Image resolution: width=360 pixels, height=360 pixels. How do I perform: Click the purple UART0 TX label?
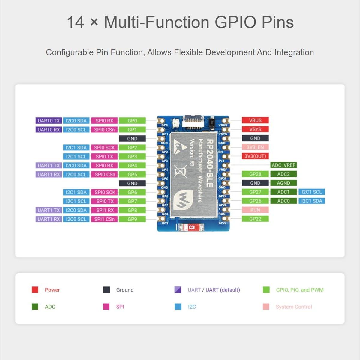49,121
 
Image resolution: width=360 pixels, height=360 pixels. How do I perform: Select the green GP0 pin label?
132,121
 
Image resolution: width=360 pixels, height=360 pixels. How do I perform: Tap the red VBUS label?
255,120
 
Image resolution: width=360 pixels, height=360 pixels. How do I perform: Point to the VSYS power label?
255,129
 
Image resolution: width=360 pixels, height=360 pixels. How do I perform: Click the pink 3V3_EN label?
255,147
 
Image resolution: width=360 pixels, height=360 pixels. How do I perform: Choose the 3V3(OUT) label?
255,156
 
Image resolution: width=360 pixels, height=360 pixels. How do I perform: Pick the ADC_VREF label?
283,165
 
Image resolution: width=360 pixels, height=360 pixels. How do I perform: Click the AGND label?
283,183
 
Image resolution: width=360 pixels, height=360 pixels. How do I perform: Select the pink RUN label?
255,210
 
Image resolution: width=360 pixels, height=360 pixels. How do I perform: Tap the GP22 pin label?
255,219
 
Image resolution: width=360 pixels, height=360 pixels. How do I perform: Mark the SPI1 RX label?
105,210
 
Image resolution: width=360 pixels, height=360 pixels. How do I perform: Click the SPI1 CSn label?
105,219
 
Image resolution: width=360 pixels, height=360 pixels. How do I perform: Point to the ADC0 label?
283,201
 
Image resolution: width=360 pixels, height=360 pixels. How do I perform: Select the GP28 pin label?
255,174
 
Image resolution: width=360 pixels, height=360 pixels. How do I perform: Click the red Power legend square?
35,290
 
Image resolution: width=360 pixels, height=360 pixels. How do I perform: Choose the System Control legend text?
294,307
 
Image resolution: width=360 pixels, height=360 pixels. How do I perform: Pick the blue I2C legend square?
178,307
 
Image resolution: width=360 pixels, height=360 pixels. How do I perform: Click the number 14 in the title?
75,22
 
